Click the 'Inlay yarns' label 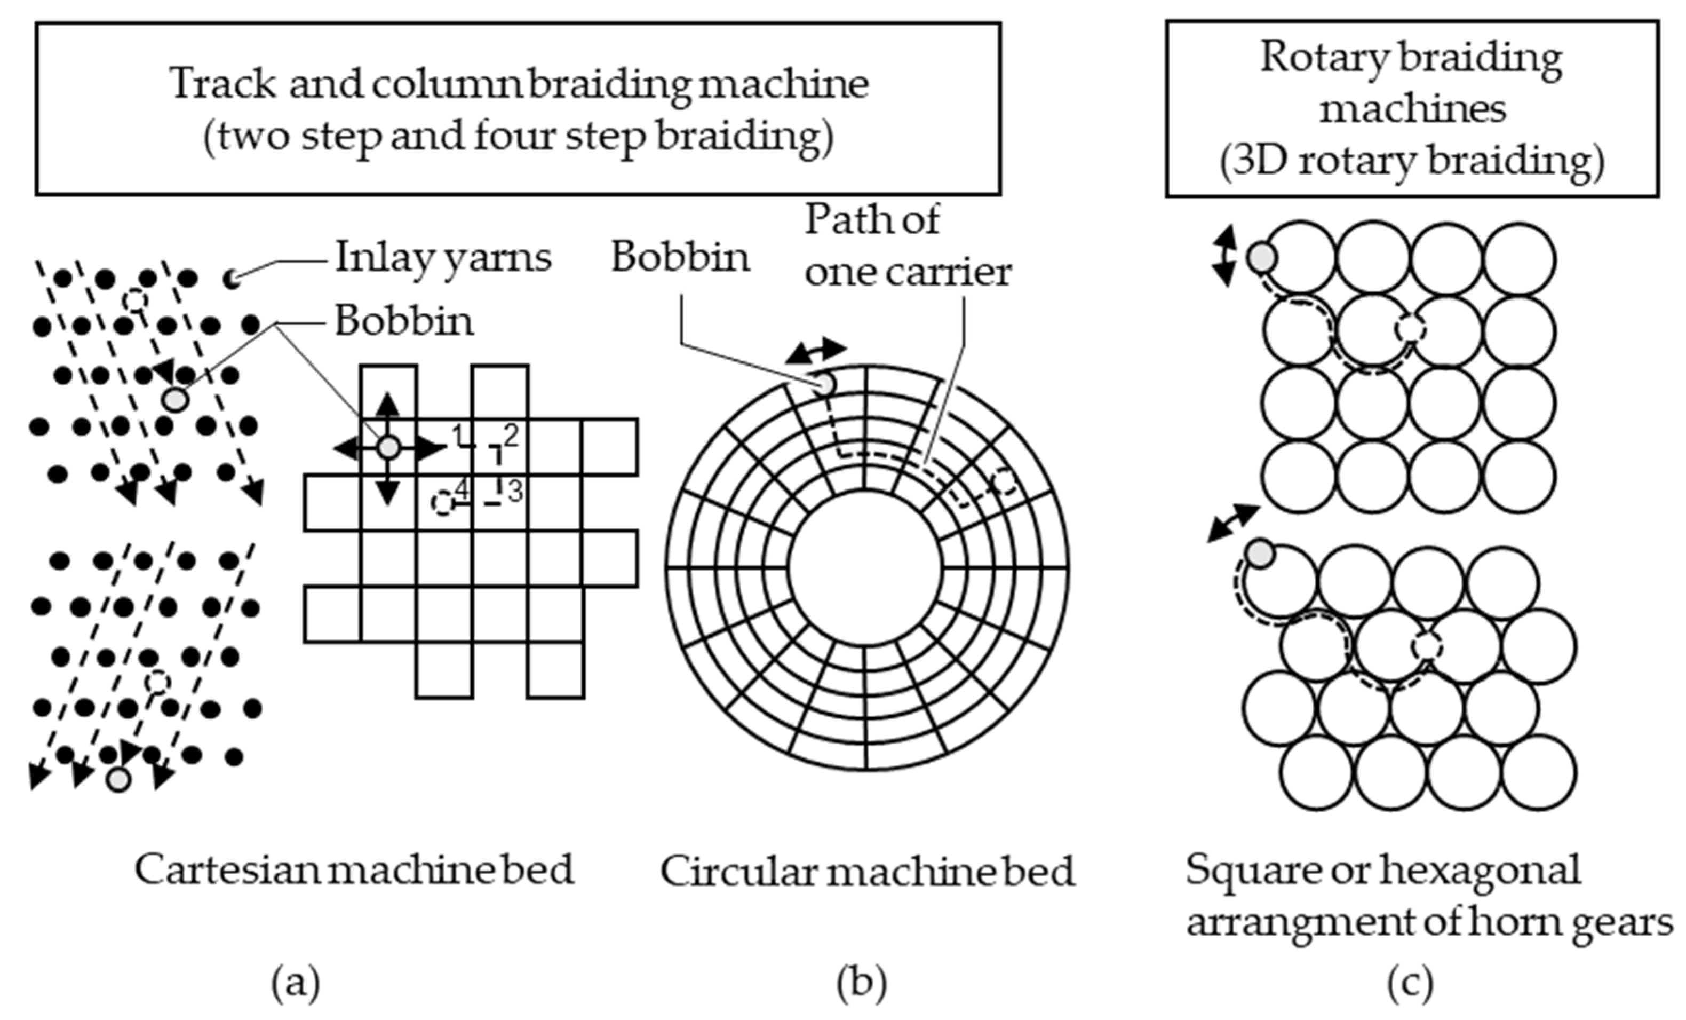pos(443,259)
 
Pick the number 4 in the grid pos(463,490)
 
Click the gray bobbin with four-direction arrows pos(388,448)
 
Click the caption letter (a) pos(296,984)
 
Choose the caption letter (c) pos(1410,984)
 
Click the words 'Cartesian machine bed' pos(354,870)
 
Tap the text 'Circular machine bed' pos(867,872)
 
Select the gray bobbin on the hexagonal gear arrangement pos(1260,554)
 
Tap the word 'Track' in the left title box pos(222,83)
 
